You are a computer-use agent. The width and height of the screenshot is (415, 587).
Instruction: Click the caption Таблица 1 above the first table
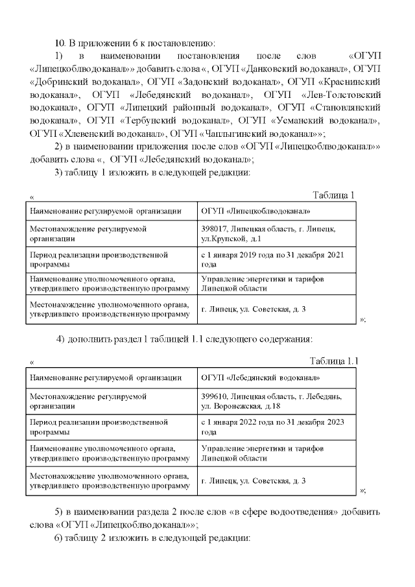pyautogui.click(x=334, y=195)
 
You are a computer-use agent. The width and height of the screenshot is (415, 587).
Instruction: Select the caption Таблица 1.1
pyautogui.click(x=333, y=361)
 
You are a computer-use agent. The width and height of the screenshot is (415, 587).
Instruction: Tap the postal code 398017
pyautogui.click(x=215, y=230)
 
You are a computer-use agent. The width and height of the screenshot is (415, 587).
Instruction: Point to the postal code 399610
pyautogui.click(x=215, y=396)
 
